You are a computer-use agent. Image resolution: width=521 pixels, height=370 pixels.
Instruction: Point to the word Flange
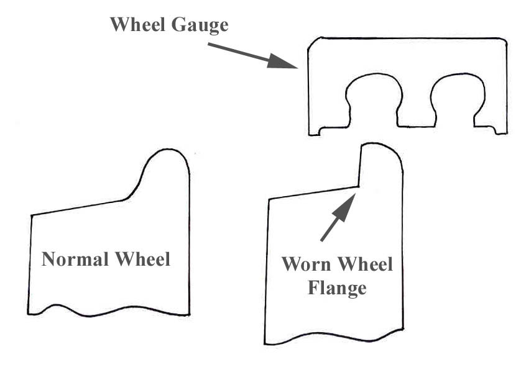click(338, 288)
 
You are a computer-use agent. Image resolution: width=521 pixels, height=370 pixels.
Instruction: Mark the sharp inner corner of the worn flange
click(359, 186)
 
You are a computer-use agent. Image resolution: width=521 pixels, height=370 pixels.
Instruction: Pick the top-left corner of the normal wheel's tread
click(32, 215)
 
